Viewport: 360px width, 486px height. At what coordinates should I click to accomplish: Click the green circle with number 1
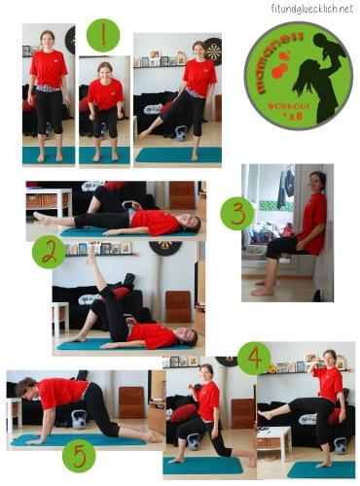pos(103,35)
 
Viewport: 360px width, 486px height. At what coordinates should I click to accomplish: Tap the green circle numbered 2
pos(49,253)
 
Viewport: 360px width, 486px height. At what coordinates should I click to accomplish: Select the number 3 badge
pos(236,213)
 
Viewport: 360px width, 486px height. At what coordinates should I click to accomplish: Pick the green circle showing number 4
pos(254,359)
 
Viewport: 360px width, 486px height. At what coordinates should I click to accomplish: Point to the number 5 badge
pos(79,457)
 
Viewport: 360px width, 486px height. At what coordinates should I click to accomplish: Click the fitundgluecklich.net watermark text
pos(311,9)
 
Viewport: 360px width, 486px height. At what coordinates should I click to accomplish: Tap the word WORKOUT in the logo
pos(288,106)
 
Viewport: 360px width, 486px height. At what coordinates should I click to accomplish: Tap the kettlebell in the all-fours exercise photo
pos(79,419)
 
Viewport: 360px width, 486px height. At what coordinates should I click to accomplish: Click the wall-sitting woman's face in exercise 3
pos(314,183)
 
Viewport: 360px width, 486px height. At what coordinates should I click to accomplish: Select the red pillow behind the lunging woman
pos(184,412)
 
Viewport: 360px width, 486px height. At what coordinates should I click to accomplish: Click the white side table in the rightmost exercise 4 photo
pos(273,440)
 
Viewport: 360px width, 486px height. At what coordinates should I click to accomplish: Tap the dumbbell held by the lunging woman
pos(196,388)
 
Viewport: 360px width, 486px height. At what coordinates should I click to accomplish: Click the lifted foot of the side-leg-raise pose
pos(142,135)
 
